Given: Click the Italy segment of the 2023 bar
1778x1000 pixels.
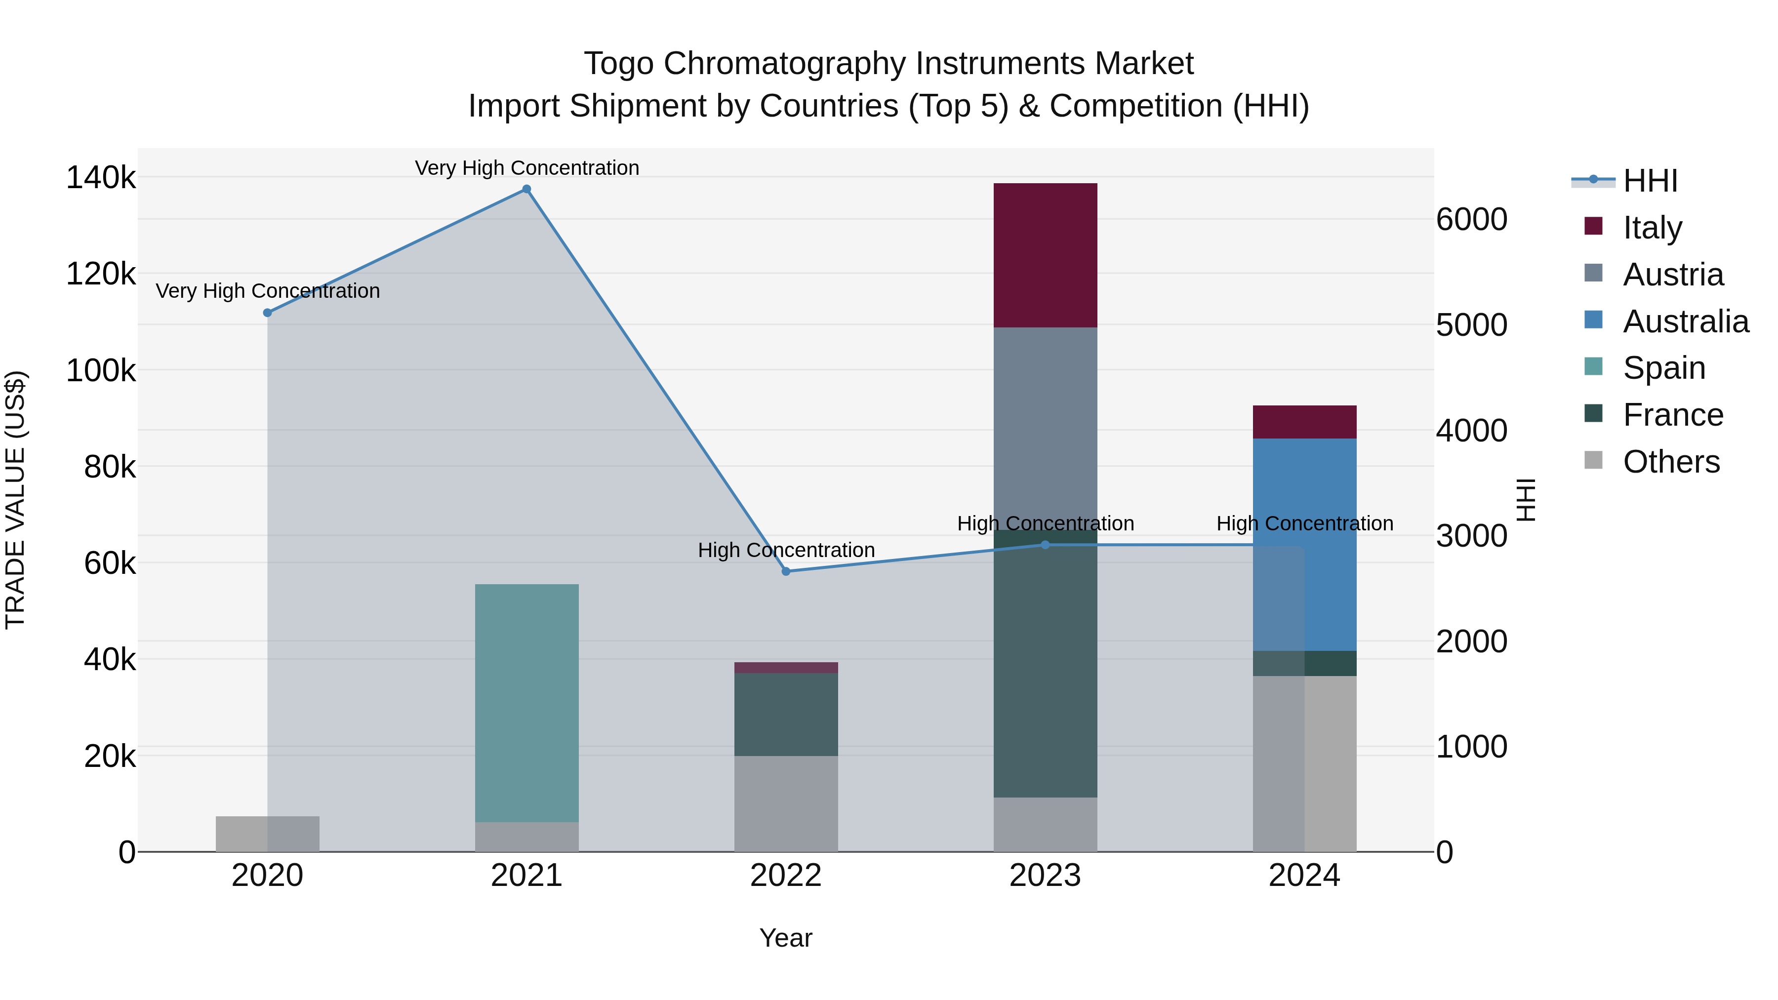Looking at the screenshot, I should [x=1045, y=255].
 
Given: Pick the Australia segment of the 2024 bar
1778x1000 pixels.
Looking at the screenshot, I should [x=1304, y=545].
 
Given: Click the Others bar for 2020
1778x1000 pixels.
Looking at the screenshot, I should [x=268, y=834].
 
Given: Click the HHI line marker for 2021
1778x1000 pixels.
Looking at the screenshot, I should [x=526, y=189].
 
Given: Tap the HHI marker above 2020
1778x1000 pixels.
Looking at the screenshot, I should [x=268, y=313].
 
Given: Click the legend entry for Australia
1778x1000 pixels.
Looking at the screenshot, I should [x=1685, y=321].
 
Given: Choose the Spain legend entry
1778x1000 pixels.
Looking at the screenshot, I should [x=1663, y=368].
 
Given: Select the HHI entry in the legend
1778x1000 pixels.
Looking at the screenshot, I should [x=1650, y=181].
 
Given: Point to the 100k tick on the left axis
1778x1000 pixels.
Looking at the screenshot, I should [x=101, y=370].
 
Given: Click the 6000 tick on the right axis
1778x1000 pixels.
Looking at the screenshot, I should [x=1472, y=219].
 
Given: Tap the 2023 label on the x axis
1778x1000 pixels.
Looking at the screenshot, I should [x=1045, y=876].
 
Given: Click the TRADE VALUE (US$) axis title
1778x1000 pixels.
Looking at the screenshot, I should [x=15, y=500].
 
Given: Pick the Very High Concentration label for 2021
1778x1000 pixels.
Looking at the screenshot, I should [x=526, y=168].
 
